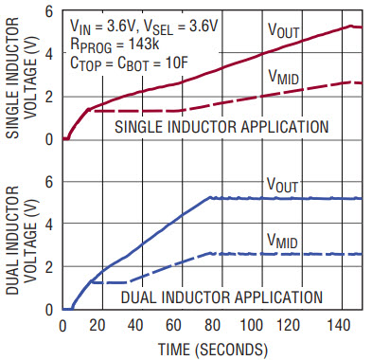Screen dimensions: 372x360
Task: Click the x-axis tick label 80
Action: [x=212, y=325]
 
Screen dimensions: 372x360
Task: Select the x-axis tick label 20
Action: [x=97, y=325]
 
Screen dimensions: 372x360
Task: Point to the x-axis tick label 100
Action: [x=251, y=325]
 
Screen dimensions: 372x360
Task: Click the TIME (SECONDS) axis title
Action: [x=213, y=350]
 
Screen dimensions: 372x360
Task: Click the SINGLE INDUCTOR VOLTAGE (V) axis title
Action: [x=22, y=78]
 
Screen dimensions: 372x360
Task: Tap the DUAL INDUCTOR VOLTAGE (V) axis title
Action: [x=22, y=241]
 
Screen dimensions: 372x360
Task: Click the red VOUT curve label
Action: [x=283, y=30]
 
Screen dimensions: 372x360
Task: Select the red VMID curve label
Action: [x=283, y=77]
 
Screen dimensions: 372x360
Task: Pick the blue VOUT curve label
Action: [x=282, y=185]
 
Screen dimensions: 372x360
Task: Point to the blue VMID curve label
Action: [x=282, y=241]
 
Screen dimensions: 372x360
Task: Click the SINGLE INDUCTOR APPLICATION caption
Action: [x=221, y=127]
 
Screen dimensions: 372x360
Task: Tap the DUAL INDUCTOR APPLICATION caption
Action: [x=221, y=297]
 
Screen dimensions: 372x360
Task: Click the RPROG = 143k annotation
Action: [x=115, y=45]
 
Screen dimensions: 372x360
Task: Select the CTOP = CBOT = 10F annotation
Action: [x=129, y=63]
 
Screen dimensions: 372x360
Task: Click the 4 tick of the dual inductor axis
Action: [x=49, y=225]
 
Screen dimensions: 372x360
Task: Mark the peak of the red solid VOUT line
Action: [x=350, y=26]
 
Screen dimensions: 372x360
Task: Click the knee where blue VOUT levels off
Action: [x=209, y=197]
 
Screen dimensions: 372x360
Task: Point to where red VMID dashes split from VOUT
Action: [x=90, y=110]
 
